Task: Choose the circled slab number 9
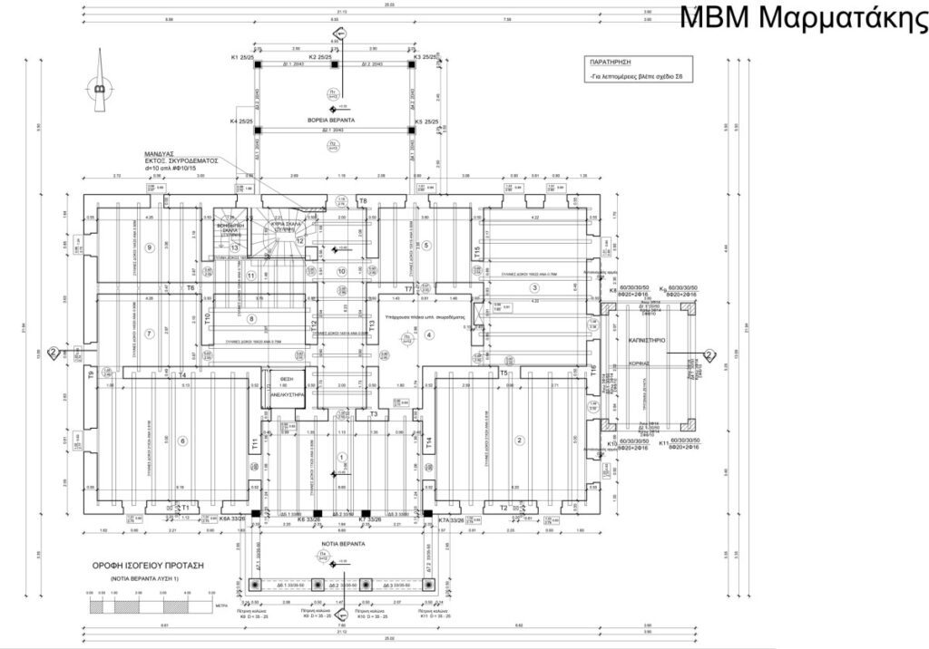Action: [x=152, y=247]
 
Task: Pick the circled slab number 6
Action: [x=182, y=441]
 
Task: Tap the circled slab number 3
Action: [x=535, y=288]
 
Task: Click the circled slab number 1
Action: [x=342, y=457]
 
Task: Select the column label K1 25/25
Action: [x=247, y=57]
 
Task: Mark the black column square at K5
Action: [x=412, y=130]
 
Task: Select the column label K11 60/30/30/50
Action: [x=679, y=443]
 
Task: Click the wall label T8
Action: [x=363, y=200]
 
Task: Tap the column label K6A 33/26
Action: [x=233, y=519]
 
